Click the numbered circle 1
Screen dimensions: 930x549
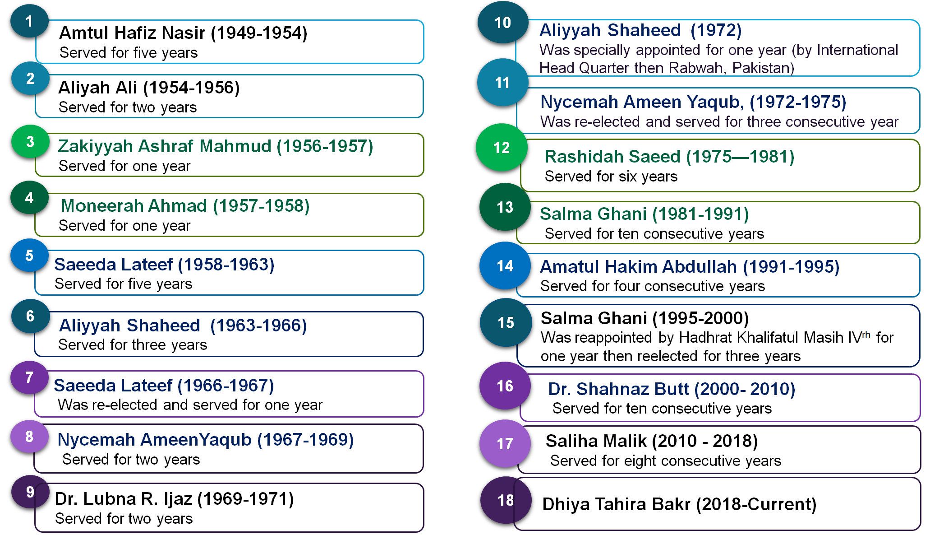[29, 21]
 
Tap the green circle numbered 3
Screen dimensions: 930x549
[30, 141]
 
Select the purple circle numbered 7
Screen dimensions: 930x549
[29, 377]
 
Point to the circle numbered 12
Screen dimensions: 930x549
[502, 147]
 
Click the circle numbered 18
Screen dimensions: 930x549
[506, 500]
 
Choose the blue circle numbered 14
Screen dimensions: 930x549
[505, 265]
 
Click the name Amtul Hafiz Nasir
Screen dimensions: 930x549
[133, 33]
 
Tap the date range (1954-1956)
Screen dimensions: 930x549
[191, 88]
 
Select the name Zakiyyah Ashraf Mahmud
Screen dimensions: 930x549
[165, 146]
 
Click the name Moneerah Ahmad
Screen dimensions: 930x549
[134, 206]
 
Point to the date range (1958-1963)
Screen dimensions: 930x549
[226, 265]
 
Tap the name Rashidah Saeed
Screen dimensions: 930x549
[612, 157]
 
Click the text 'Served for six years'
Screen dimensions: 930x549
[611, 177]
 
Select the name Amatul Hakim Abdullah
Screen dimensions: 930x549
[639, 267]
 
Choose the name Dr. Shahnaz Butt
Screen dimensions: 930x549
[619, 389]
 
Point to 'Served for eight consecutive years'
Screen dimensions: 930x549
[666, 461]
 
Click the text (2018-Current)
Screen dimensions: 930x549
[756, 504]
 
